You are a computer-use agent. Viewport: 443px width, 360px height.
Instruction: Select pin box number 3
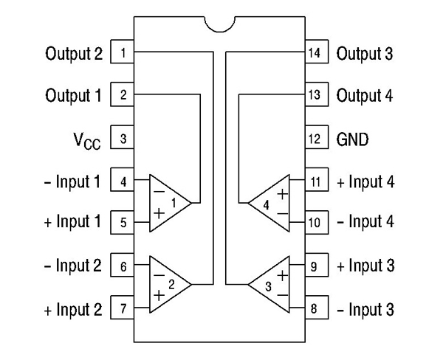click(123, 138)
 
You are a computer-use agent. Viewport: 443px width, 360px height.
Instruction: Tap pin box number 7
click(123, 308)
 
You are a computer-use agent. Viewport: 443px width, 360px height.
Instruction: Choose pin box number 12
click(315, 138)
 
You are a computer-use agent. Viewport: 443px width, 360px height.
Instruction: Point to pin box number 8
click(315, 308)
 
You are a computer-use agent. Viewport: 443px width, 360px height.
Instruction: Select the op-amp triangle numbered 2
click(168, 284)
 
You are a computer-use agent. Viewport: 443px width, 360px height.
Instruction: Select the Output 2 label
click(73, 53)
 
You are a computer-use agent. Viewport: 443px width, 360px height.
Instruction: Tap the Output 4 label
click(365, 95)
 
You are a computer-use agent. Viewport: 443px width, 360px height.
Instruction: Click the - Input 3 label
click(365, 308)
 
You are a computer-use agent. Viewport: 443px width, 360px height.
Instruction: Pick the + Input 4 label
click(365, 181)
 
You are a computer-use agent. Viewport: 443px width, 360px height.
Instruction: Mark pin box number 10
click(315, 222)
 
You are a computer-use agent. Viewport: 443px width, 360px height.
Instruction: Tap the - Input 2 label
click(72, 266)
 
